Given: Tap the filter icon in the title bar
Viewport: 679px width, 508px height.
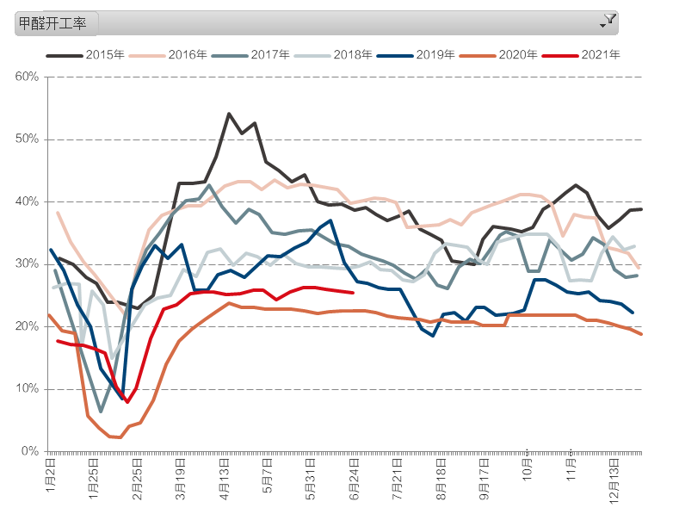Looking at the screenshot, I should click(x=608, y=20).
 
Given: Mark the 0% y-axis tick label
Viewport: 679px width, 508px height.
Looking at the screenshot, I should click(x=31, y=451).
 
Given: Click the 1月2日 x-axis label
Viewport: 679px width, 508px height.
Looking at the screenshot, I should click(x=51, y=474).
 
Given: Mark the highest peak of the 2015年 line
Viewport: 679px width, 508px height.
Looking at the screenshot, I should click(x=229, y=114).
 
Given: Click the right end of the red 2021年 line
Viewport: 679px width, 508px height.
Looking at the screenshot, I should click(x=353, y=293).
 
